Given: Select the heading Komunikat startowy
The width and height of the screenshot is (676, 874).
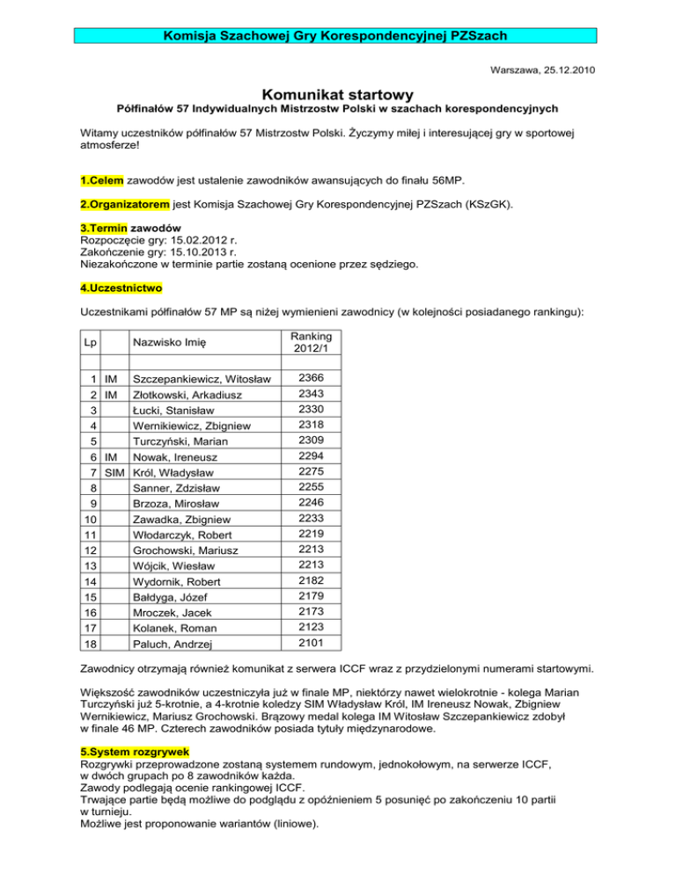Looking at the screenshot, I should (x=338, y=92).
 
